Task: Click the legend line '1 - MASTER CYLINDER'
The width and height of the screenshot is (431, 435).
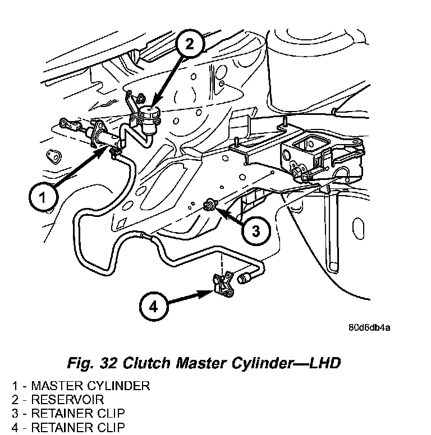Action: (x=81, y=386)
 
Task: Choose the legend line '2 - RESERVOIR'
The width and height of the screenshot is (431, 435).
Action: (x=66, y=400)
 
